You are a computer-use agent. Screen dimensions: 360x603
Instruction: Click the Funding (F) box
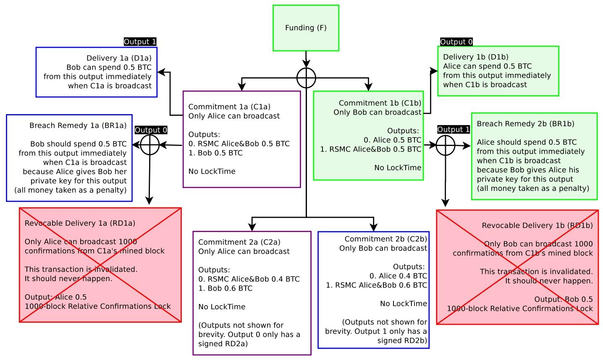306,28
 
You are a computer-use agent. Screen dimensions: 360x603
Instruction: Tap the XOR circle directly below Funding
306,78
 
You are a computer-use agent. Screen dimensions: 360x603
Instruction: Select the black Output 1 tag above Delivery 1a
140,42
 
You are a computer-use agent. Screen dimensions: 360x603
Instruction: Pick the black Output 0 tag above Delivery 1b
456,42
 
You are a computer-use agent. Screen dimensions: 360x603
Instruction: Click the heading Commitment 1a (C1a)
229,107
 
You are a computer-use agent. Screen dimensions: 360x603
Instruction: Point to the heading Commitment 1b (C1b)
380,103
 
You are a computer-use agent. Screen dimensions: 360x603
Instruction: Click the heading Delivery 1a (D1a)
119,58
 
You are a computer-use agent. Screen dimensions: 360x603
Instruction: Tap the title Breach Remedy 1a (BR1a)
78,125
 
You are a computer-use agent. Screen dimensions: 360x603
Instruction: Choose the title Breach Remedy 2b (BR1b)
525,124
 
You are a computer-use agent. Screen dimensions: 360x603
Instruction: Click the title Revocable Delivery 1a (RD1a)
80,223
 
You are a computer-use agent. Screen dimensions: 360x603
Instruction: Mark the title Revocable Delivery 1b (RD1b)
537,226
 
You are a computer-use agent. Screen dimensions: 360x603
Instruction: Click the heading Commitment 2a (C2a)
239,242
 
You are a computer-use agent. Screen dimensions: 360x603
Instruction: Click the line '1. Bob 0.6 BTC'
225,288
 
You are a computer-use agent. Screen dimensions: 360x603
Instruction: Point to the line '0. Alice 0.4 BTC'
398,276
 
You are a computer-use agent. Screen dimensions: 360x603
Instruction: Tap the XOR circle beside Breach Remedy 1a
149,145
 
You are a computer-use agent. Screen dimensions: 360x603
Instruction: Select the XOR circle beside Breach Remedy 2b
446,146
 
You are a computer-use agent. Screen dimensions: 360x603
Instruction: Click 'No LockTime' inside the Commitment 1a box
212,171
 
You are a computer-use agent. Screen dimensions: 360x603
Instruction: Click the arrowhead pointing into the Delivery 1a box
160,73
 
